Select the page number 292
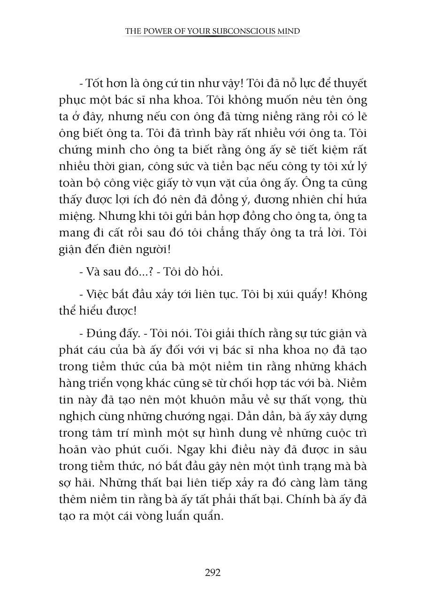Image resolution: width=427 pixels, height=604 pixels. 213,573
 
